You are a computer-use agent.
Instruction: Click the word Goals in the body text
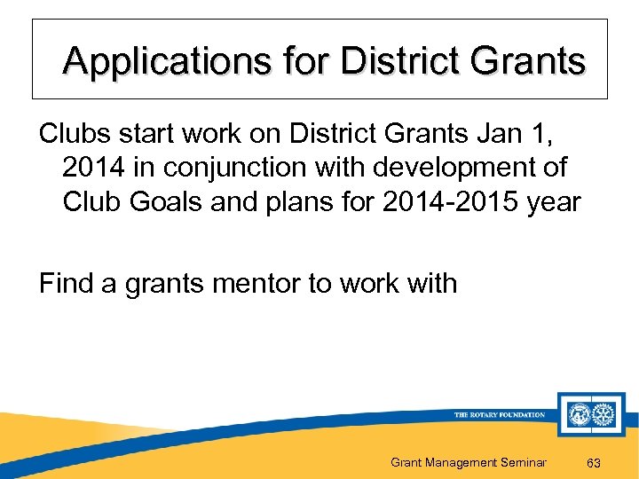(x=165, y=202)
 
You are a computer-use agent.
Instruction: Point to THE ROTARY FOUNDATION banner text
(x=499, y=414)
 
